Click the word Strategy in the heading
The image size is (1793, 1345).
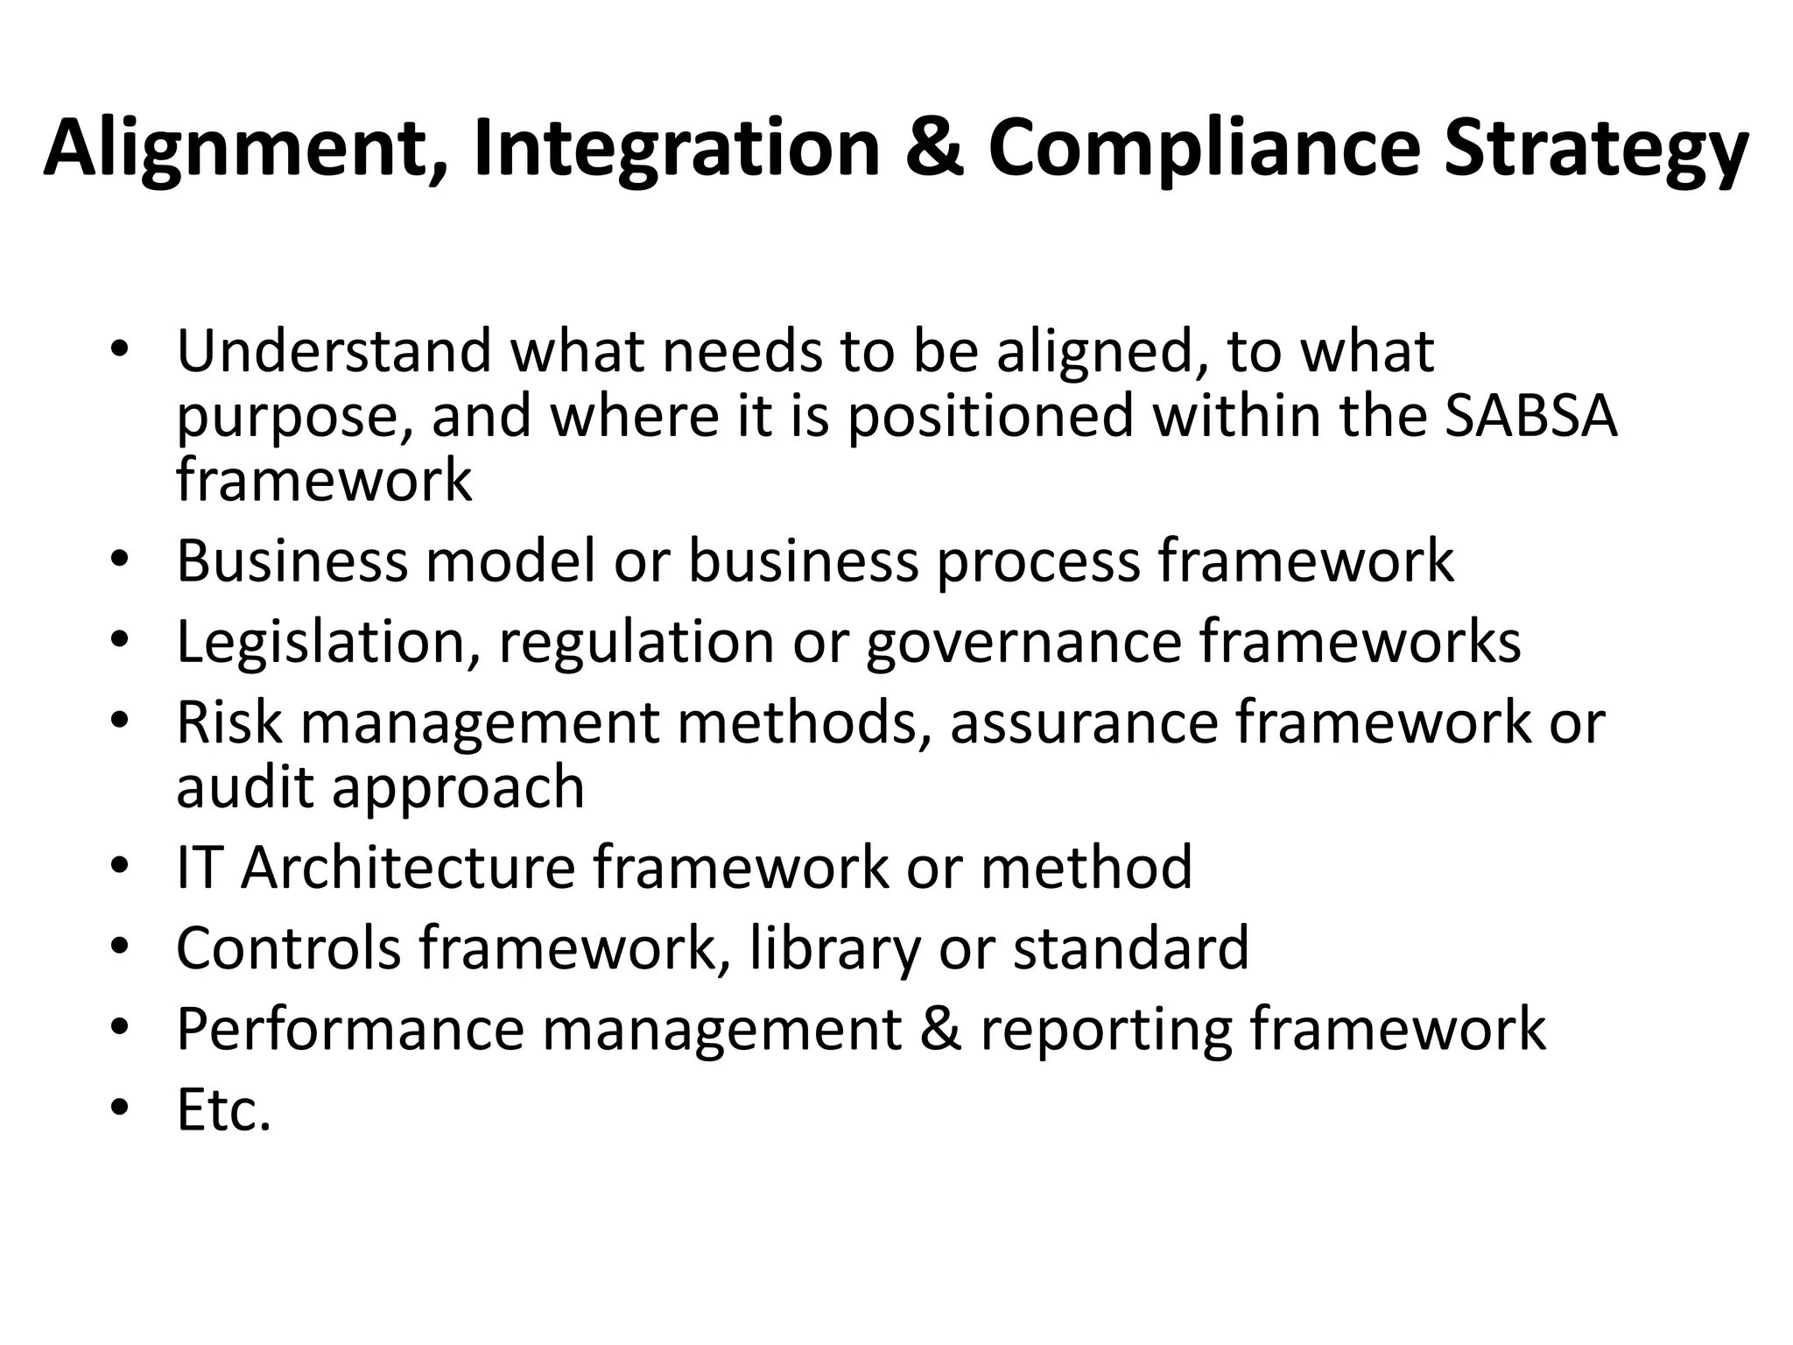(1595, 149)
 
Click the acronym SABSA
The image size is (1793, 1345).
(1530, 415)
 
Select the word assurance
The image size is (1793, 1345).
(1084, 723)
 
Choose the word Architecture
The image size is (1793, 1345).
(408, 867)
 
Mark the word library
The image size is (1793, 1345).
(835, 949)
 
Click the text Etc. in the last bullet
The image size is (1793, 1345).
(224, 1109)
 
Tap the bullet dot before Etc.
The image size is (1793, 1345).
(120, 1111)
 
